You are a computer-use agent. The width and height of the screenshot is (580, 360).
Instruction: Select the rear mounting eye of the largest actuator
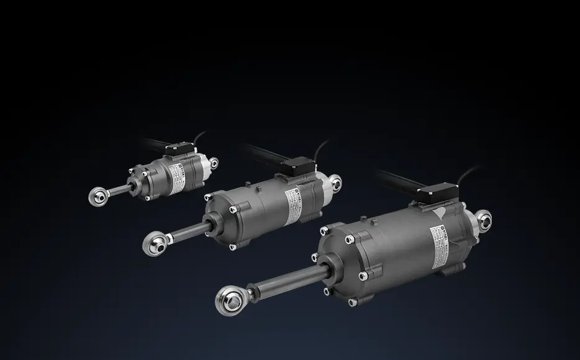click(485, 218)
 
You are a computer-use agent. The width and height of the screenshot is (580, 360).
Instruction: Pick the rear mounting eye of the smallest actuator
click(214, 163)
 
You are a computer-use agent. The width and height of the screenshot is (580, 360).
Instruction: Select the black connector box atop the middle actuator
click(299, 165)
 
